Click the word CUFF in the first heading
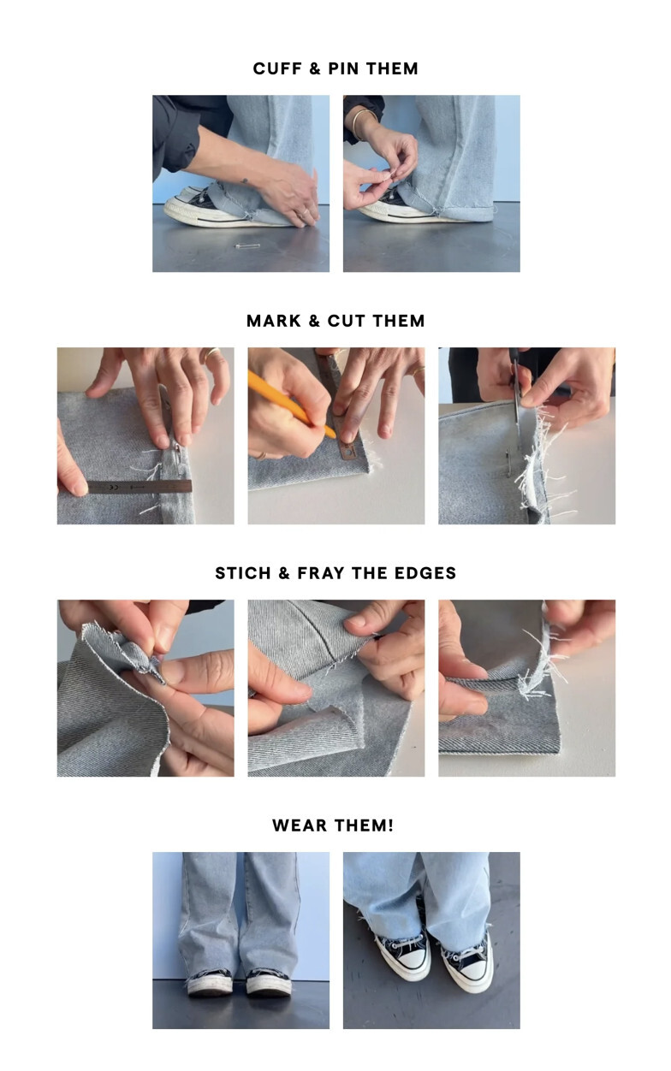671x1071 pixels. pyautogui.click(x=276, y=68)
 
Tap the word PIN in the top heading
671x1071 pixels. pyautogui.click(x=343, y=68)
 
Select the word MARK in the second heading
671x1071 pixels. pyautogui.click(x=274, y=321)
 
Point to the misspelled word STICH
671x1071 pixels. pyautogui.click(x=243, y=573)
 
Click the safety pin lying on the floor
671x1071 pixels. pyautogui.click(x=247, y=246)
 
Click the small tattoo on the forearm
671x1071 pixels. pyautogui.click(x=245, y=181)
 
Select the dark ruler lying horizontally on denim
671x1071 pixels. pyautogui.click(x=140, y=488)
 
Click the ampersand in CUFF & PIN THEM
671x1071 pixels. pyautogui.click(x=314, y=68)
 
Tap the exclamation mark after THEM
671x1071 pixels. pyautogui.click(x=390, y=825)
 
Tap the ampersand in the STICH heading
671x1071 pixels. pyautogui.click(x=284, y=573)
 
